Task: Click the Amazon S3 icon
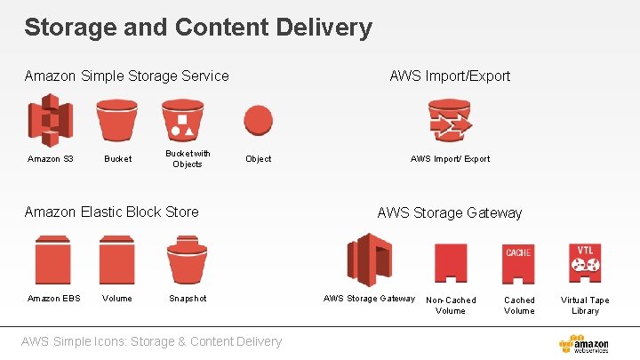(x=51, y=121)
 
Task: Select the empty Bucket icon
(x=116, y=120)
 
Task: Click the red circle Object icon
(x=258, y=120)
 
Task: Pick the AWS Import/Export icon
(x=450, y=120)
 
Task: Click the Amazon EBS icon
(x=52, y=259)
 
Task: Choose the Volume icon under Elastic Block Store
(x=116, y=259)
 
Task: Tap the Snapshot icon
(x=187, y=259)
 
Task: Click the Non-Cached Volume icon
(x=451, y=263)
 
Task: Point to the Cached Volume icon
(x=518, y=263)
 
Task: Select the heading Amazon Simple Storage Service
(x=126, y=76)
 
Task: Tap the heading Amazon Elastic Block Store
(x=111, y=212)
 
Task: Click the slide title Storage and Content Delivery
(x=197, y=28)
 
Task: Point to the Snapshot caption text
(x=188, y=299)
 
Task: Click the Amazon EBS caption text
(x=53, y=299)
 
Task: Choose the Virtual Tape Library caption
(x=585, y=306)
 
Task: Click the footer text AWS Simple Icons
(x=152, y=341)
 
